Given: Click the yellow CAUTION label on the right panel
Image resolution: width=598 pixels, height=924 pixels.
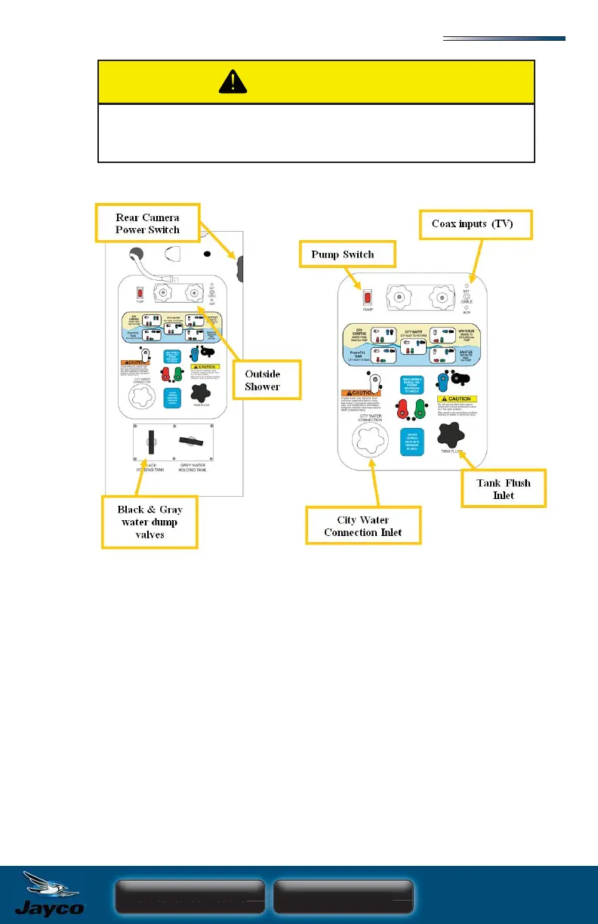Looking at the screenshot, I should click(460, 399).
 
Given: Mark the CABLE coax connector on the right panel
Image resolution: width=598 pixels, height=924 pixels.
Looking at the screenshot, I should click(467, 296).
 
